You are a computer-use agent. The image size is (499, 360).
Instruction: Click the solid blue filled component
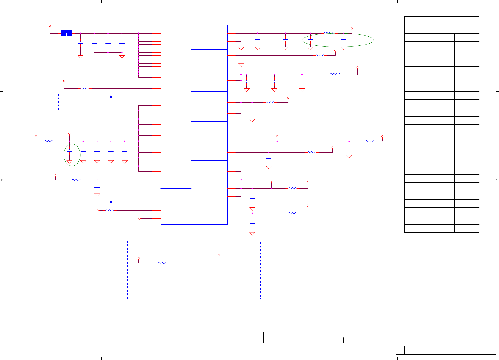pyautogui.click(x=67, y=33)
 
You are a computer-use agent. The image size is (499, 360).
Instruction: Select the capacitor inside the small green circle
pyautogui.click(x=69, y=151)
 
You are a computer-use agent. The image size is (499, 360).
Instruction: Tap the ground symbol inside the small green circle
pyautogui.click(x=69, y=162)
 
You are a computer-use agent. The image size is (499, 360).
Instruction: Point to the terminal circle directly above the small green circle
pyautogui.click(x=69, y=134)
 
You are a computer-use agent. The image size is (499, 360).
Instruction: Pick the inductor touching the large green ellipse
pyautogui.click(x=330, y=33)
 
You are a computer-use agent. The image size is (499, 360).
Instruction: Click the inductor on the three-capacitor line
pyautogui.click(x=335, y=74)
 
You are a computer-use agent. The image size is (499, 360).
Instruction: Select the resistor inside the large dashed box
pyautogui.click(x=162, y=263)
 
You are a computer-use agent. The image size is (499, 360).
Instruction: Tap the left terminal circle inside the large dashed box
pyautogui.click(x=139, y=258)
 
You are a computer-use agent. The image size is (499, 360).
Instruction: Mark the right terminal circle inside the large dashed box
pyautogui.click(x=219, y=255)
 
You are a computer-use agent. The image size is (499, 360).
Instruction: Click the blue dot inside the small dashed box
pyautogui.click(x=111, y=97)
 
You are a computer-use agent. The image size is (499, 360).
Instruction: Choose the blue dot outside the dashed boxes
pyautogui.click(x=111, y=202)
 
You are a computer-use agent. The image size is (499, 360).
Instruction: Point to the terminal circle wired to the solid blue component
pyautogui.click(x=50, y=26)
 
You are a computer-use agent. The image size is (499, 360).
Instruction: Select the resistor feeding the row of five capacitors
pyautogui.click(x=49, y=141)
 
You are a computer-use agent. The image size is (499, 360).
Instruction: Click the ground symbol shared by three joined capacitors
pyautogui.click(x=122, y=56)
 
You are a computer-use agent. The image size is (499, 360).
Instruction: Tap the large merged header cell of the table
pyautogui.click(x=442, y=25)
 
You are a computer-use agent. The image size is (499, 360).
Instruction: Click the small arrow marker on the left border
pyautogui.click(x=2, y=180)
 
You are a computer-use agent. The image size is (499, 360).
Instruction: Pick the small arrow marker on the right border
pyautogui.click(x=497, y=180)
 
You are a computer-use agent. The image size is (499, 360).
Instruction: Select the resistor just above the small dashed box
pyautogui.click(x=84, y=88)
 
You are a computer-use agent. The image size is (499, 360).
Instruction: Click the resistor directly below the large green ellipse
pyautogui.click(x=320, y=55)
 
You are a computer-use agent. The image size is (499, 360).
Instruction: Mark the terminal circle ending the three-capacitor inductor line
pyautogui.click(x=357, y=67)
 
